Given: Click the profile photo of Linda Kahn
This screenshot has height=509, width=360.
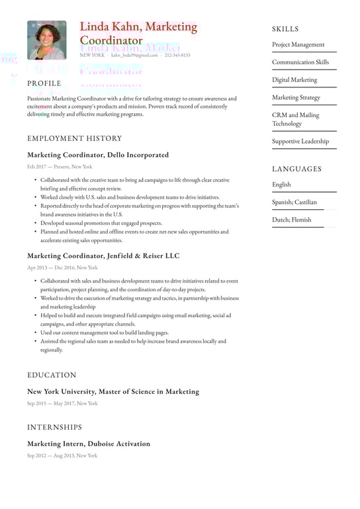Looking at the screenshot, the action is point(46,40).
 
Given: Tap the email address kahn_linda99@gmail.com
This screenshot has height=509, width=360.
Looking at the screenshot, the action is point(134,56).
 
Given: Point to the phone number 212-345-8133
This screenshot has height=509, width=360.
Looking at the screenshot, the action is point(177,56).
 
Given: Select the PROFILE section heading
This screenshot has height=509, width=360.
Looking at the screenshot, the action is point(44,83).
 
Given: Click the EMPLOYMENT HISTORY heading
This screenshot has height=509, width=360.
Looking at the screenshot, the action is point(75,138).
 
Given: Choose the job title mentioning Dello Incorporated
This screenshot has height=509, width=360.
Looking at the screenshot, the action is point(98,155).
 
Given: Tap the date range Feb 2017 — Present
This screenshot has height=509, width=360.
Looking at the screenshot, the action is point(60,167).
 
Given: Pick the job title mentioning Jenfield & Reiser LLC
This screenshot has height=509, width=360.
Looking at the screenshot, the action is point(103,255).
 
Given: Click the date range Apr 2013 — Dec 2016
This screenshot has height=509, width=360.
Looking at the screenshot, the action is point(62,267).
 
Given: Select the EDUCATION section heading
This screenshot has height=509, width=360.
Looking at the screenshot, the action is point(52,375).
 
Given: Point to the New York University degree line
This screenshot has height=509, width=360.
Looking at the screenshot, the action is point(112,391).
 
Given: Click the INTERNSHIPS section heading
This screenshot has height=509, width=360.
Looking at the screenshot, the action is point(55,427).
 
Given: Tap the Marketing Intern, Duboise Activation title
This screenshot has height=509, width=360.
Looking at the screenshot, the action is point(89,443).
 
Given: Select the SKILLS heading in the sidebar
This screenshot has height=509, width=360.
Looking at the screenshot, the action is point(285,29).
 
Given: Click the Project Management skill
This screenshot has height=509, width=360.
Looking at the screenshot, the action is point(298,45).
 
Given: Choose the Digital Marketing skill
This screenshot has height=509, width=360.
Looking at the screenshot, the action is point(294,80).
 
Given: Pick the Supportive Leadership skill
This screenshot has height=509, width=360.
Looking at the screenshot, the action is point(300,141).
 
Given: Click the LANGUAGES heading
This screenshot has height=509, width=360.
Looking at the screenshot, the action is point(296,169).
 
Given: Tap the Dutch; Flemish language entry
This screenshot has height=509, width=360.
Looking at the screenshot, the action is point(292,220).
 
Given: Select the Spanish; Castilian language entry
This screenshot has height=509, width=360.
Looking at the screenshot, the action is point(294,202).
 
